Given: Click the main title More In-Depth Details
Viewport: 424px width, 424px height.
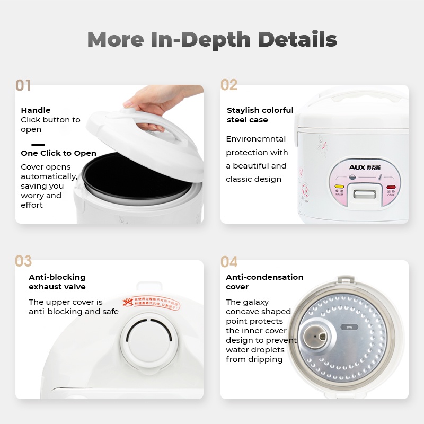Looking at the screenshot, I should coord(212,39).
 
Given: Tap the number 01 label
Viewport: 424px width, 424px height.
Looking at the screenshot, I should coord(23,85).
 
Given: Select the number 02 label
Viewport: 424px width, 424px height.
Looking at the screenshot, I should coord(229,85).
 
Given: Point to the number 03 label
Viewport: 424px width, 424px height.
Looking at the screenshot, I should coord(23,261).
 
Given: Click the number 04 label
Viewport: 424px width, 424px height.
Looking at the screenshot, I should coord(229,261).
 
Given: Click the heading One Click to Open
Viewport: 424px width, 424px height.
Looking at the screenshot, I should coord(58,153).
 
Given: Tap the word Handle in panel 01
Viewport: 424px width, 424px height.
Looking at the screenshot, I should coord(36,110).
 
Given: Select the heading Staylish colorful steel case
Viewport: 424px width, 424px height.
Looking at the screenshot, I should coord(260,115).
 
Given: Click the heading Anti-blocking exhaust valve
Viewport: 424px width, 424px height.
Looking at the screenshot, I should coord(57,282).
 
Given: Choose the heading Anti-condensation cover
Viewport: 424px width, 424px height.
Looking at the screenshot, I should coord(264,282).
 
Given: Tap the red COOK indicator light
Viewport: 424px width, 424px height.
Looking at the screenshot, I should coord(391,188).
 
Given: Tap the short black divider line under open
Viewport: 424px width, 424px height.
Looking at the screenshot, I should coord(38,144).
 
